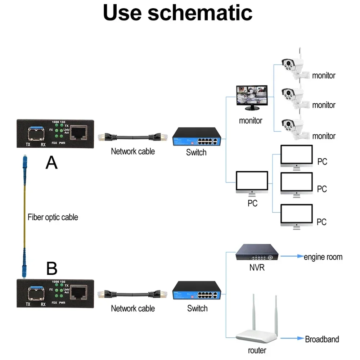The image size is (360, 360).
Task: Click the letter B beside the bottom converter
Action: click(x=52, y=268)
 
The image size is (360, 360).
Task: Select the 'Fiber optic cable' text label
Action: click(x=53, y=217)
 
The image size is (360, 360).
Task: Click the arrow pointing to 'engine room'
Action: click(x=292, y=256)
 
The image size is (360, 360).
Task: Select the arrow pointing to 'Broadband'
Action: click(x=292, y=339)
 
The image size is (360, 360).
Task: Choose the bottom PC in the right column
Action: click(x=297, y=215)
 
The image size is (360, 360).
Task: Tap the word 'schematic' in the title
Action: click(x=200, y=13)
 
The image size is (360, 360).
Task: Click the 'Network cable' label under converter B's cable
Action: click(x=133, y=309)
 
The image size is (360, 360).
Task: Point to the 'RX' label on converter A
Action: click(x=44, y=144)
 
